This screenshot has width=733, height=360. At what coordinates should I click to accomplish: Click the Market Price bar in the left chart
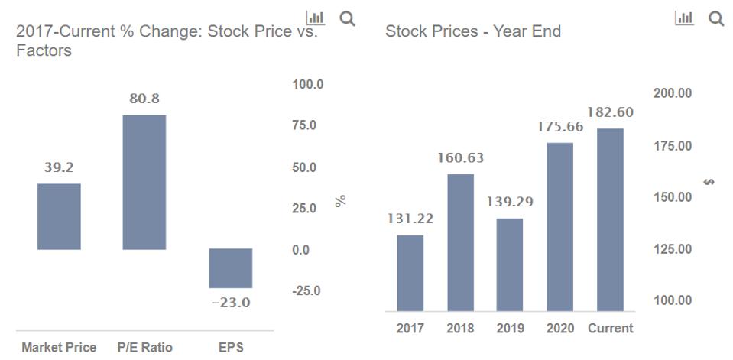(x=59, y=216)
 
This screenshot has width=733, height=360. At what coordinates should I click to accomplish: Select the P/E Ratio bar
(x=144, y=182)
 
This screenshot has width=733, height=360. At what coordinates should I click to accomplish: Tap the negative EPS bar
(x=230, y=268)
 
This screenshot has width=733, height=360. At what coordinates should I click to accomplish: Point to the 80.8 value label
(x=144, y=99)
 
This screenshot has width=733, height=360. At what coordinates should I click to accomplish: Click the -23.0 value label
(x=230, y=303)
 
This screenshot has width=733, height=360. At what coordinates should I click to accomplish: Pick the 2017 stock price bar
(x=410, y=273)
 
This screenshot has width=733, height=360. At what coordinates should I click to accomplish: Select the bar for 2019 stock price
(x=510, y=264)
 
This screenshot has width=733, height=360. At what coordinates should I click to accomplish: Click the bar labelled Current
(x=610, y=219)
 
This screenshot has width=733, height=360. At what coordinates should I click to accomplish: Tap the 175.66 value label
(x=560, y=127)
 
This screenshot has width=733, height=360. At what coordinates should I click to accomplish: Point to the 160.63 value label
(x=460, y=158)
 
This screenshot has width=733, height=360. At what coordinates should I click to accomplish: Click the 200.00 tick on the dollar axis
(x=673, y=93)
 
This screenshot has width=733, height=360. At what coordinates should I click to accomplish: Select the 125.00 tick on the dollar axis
(x=673, y=249)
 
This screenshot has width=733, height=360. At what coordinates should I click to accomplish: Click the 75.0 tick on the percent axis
(x=308, y=125)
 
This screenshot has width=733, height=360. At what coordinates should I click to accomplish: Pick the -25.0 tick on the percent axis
(x=308, y=291)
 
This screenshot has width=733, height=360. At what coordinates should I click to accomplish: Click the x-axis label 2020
(x=560, y=329)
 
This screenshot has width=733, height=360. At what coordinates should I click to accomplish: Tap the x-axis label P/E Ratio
(x=145, y=348)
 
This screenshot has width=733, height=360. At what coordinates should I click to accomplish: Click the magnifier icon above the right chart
(x=716, y=18)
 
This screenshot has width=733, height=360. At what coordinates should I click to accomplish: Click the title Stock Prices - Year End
(x=473, y=31)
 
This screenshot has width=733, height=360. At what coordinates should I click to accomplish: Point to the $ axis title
(x=709, y=183)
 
